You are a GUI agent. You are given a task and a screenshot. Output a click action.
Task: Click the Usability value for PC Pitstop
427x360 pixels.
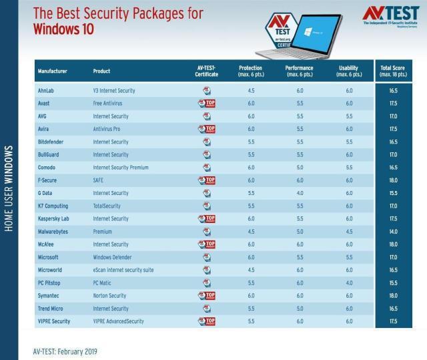(x=349, y=283)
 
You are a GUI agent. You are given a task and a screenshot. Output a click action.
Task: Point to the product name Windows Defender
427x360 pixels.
(x=111, y=257)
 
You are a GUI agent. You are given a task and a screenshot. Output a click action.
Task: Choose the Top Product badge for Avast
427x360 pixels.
(x=207, y=104)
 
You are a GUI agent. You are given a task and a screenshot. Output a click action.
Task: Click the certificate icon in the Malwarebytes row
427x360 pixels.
(x=207, y=232)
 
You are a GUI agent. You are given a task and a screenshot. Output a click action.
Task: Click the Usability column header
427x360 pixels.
(x=349, y=71)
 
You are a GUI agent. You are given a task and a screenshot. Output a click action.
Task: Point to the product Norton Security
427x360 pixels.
(x=111, y=295)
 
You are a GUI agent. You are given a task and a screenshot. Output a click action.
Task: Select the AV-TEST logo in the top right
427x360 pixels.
(x=390, y=16)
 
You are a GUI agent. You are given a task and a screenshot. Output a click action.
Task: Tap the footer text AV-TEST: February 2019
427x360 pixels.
(x=69, y=350)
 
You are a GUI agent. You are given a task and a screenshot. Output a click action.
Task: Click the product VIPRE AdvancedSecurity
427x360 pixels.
(x=119, y=321)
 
